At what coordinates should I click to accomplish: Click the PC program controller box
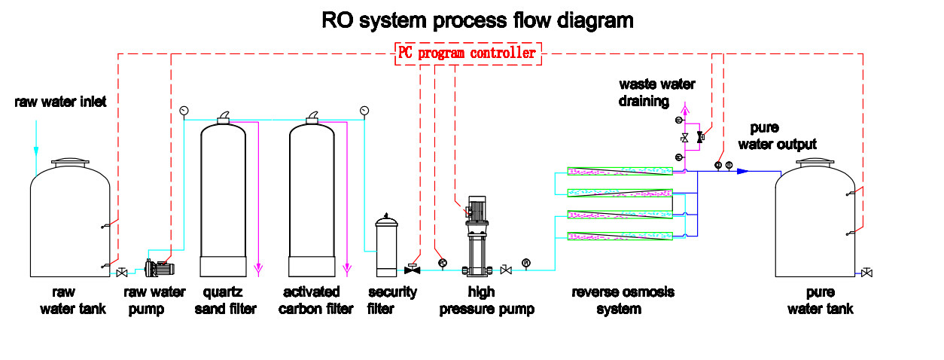(466, 53)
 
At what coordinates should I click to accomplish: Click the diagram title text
(477, 20)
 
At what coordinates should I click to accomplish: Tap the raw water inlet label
(60, 102)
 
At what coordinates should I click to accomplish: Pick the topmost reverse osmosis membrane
(619, 171)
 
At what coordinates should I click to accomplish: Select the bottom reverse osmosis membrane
(619, 237)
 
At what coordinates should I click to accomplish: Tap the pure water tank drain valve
(867, 272)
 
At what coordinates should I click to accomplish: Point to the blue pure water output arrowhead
(742, 171)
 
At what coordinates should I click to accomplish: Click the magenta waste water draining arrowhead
(684, 106)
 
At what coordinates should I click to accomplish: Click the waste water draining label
(656, 92)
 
